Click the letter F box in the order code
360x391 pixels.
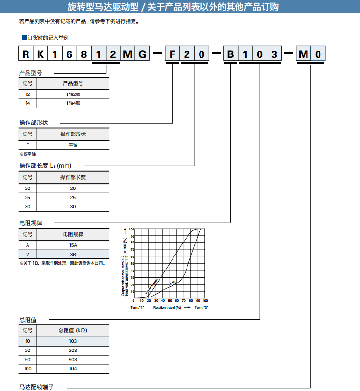pyautogui.click(x=172, y=54)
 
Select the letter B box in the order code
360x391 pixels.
pyautogui.click(x=231, y=54)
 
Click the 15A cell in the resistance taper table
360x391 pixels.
pyautogui.click(x=73, y=245)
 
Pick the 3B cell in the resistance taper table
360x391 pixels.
pyautogui.click(x=73, y=254)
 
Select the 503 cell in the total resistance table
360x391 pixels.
pyautogui.click(x=73, y=360)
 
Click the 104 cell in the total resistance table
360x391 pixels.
pyautogui.click(x=73, y=369)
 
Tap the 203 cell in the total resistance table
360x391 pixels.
pyautogui.click(x=73, y=351)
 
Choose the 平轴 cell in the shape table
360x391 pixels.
pyautogui.click(x=73, y=145)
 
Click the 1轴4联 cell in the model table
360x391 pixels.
pyautogui.click(x=73, y=103)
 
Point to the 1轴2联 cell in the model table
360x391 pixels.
pyautogui.click(x=73, y=94)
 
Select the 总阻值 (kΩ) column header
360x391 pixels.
pyautogui.click(x=73, y=330)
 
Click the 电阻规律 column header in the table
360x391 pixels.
pyautogui.click(x=73, y=234)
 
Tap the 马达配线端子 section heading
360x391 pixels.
pyautogui.click(x=36, y=387)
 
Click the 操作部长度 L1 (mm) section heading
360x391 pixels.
pyautogui.click(x=45, y=165)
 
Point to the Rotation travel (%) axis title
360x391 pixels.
pyautogui.click(x=167, y=307)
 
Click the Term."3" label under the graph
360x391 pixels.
pyautogui.click(x=201, y=307)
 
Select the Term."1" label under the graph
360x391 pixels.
pyautogui.click(x=137, y=307)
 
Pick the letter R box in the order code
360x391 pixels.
pyautogui.click(x=25, y=54)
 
